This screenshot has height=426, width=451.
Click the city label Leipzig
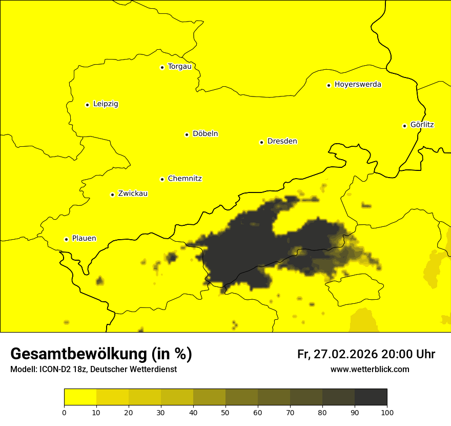tap(106, 104)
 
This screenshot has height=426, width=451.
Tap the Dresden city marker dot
tap(261, 142)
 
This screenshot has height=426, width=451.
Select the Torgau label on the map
tap(179, 67)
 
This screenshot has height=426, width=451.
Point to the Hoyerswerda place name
tap(358, 85)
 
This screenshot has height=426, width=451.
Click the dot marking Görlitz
tap(404, 126)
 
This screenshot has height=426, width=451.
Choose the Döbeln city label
tap(205, 134)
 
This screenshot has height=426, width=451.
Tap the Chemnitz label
tap(184, 179)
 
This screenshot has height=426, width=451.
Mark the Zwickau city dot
tap(112, 195)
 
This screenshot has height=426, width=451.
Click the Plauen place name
tap(84, 239)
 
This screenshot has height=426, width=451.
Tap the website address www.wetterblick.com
tap(370, 370)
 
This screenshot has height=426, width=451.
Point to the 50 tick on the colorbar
tap(225, 412)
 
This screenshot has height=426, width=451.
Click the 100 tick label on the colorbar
tap(387, 412)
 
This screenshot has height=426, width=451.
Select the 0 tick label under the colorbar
tap(64, 412)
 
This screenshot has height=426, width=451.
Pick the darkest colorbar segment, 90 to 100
tap(371, 397)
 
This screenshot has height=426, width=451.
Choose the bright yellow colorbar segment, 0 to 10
tap(80, 397)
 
